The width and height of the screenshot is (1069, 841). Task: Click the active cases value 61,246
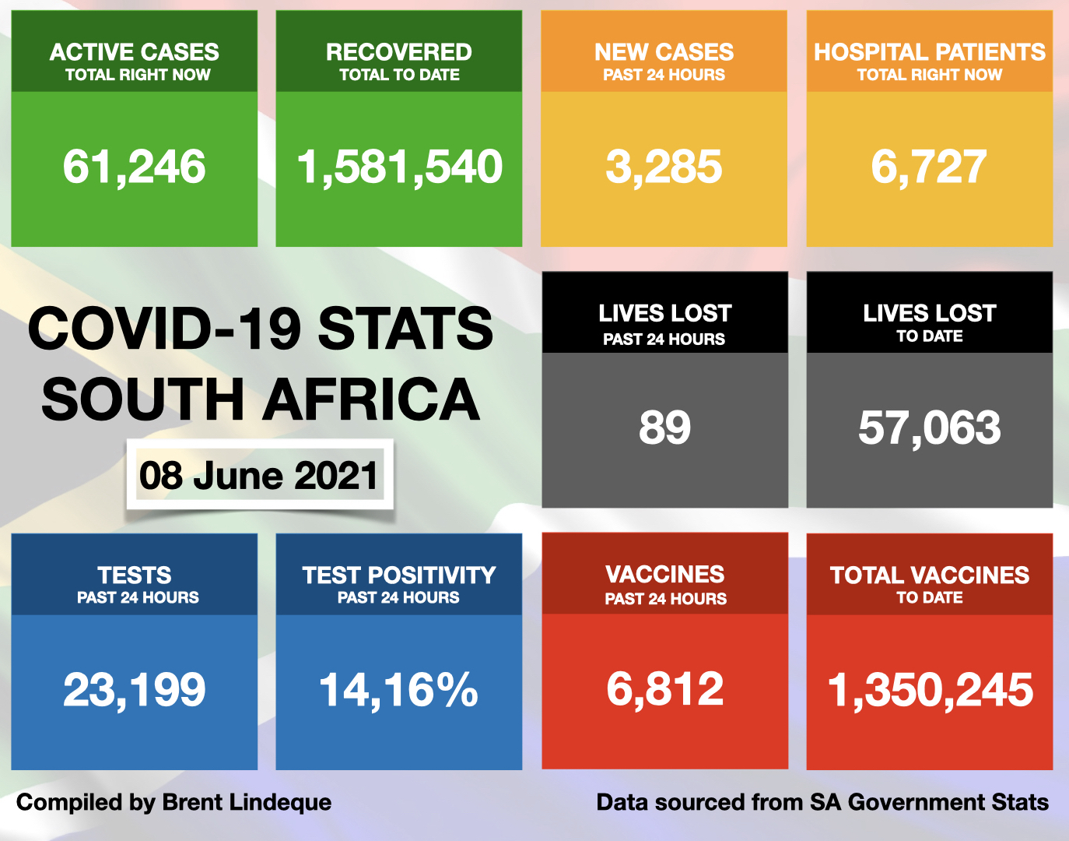pos(134,167)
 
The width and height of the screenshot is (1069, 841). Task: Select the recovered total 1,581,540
pos(399,167)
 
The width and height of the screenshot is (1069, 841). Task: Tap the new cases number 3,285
pos(664,167)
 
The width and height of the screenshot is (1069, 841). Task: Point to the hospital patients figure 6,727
pos(929,167)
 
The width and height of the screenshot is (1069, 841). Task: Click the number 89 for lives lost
pos(664,428)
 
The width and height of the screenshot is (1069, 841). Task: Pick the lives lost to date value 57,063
pos(929,428)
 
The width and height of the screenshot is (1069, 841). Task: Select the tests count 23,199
pos(134,690)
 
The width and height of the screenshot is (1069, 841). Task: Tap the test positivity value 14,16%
pos(398,690)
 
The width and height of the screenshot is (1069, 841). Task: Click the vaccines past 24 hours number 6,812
pos(664,689)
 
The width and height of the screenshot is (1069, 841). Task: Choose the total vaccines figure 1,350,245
pos(930,690)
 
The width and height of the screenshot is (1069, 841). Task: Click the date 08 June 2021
pos(259,476)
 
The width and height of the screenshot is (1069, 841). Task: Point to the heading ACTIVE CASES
pos(134,52)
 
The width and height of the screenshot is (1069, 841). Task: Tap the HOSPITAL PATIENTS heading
pos(929,52)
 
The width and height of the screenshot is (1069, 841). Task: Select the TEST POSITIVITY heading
pos(398,575)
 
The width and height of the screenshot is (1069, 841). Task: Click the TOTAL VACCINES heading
pos(929,575)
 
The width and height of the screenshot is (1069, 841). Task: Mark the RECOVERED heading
pos(398,52)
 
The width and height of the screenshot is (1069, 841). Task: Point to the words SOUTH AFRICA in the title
pos(261,399)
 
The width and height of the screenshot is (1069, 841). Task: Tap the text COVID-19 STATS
pos(261,329)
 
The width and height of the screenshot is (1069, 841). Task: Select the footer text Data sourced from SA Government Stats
pos(822,802)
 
